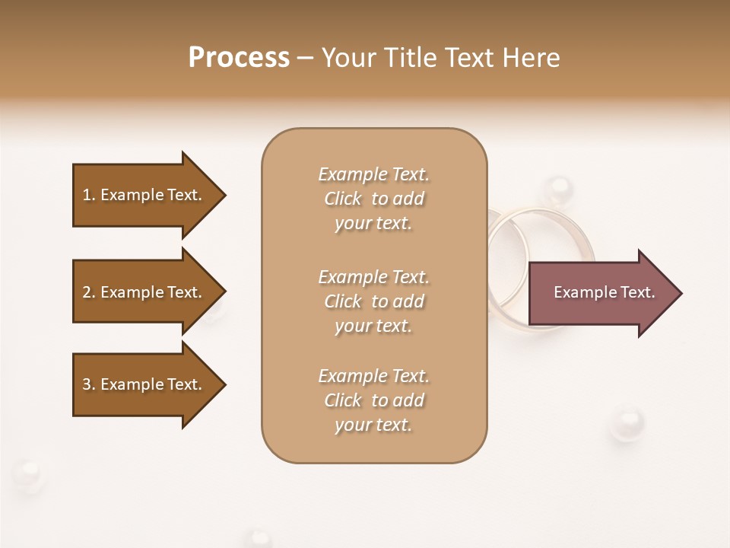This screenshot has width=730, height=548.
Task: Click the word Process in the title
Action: click(239, 58)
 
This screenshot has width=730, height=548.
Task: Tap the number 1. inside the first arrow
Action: click(89, 195)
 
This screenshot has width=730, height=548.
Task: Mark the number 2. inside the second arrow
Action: click(89, 292)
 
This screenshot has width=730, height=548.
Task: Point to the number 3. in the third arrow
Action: click(89, 384)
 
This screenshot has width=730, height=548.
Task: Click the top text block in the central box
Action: click(373, 199)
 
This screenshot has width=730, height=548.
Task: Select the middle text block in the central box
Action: click(373, 301)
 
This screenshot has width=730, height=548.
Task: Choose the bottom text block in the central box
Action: click(373, 400)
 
